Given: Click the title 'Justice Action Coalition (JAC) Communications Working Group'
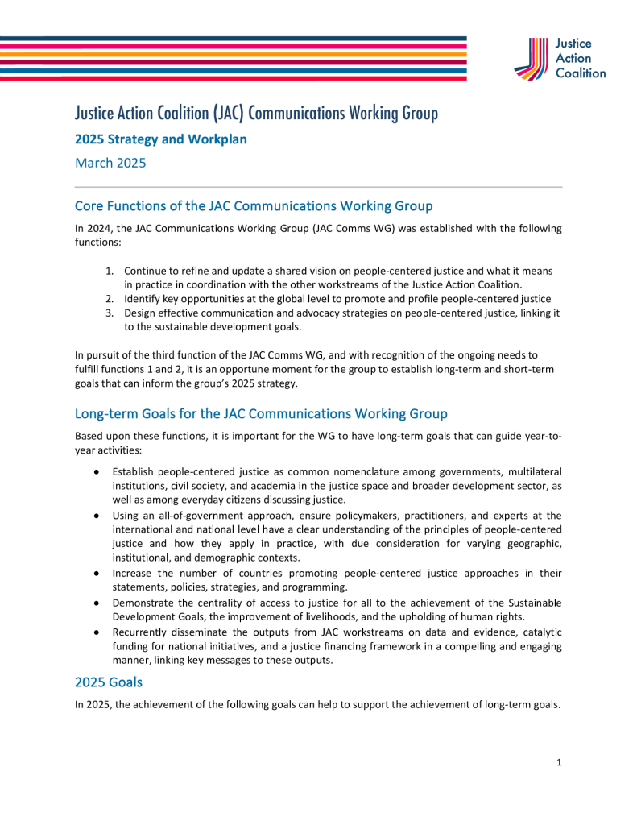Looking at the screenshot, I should [256, 113].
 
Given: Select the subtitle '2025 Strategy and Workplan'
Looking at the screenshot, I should [160, 139].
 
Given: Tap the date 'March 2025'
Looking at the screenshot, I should [110, 163].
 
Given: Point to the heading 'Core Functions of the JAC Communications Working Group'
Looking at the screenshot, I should [254, 205].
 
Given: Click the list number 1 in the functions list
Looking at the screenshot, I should [110, 270].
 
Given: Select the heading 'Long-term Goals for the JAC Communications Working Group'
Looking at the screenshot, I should [261, 413].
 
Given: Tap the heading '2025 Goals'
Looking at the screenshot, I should [109, 682].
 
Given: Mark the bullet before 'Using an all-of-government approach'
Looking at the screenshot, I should [96, 516].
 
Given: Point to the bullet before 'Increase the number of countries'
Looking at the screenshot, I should [96, 574].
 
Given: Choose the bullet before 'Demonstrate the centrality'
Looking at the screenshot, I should [96, 603].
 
